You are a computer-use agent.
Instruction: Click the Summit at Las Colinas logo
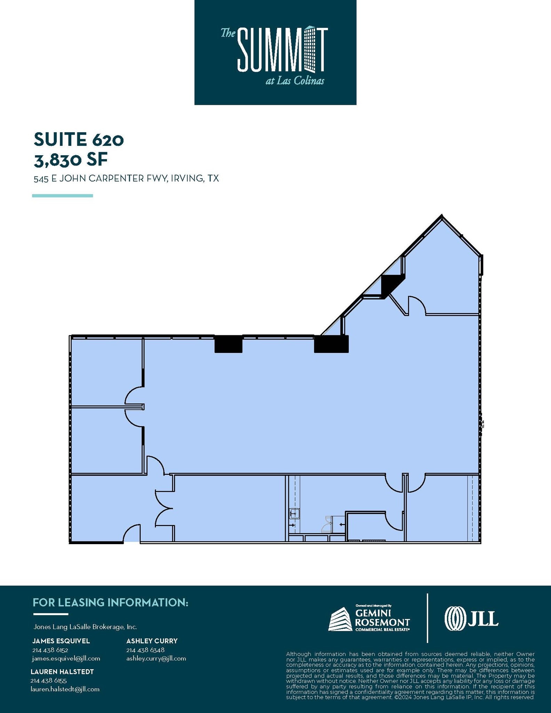(x=275, y=52)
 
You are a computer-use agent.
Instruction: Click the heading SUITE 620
(x=79, y=139)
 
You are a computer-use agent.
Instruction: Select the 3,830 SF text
(x=71, y=160)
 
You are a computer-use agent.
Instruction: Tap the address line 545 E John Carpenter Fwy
(x=126, y=179)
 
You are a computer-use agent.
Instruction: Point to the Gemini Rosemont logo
(x=369, y=619)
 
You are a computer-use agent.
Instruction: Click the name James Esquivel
(x=61, y=641)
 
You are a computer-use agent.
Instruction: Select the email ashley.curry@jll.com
(x=156, y=658)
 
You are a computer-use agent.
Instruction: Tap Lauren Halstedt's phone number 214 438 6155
(x=48, y=680)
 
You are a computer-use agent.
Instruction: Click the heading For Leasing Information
(x=110, y=603)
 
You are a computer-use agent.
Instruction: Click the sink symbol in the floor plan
(x=294, y=513)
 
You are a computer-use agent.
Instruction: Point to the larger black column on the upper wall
(x=331, y=344)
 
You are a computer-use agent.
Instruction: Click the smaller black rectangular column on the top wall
(x=228, y=344)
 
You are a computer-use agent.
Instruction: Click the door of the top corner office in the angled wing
(x=416, y=305)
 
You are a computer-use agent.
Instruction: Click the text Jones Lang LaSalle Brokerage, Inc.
(x=85, y=627)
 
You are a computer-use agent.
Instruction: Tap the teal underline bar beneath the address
(x=62, y=196)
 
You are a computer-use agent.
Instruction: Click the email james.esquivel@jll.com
(x=66, y=658)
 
